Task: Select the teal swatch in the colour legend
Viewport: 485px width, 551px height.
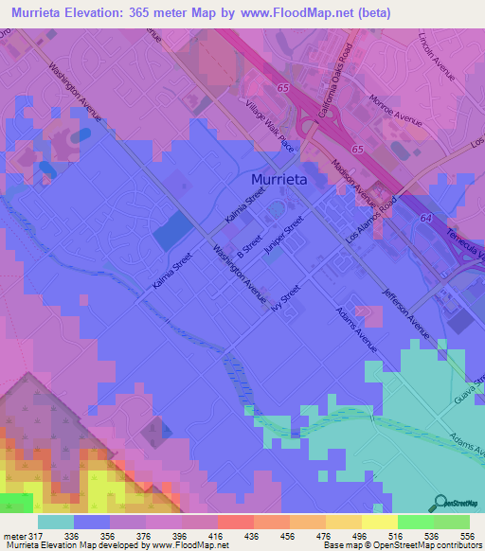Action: pos(56,522)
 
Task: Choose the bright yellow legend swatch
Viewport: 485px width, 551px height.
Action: pos(380,522)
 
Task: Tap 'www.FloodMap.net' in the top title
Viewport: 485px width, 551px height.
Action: pos(296,13)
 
